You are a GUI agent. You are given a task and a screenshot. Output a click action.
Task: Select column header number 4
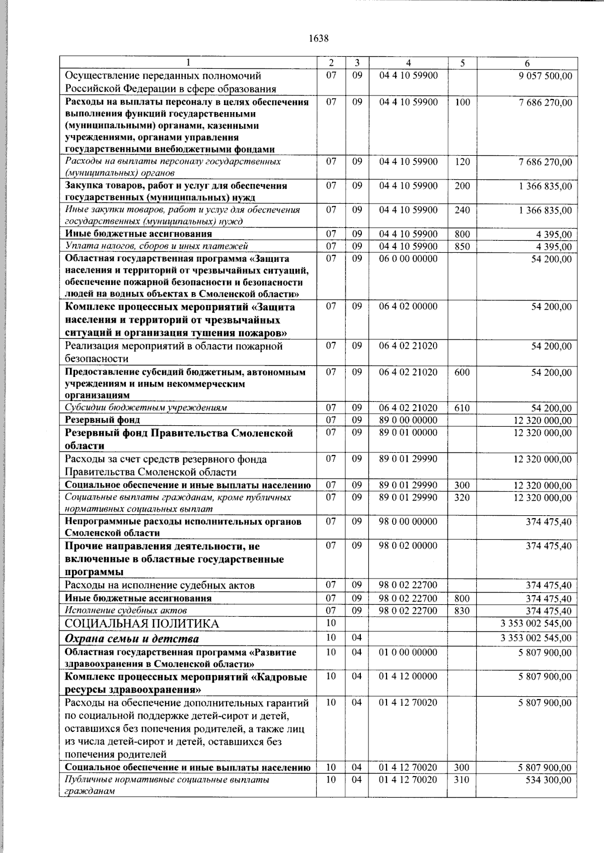tap(408, 63)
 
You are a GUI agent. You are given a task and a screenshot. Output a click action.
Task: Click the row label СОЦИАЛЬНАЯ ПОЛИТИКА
tap(142, 624)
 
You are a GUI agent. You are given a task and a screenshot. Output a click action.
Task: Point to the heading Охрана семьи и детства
tap(132, 639)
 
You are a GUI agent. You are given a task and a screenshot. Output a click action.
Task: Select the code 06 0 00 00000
tap(408, 259)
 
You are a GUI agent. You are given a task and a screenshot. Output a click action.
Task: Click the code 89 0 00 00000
tap(408, 420)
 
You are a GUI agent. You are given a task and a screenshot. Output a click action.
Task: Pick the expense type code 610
tap(462, 408)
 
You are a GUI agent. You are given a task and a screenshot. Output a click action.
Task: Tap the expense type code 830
tap(462, 611)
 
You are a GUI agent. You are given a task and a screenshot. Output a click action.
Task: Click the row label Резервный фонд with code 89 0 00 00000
tap(103, 420)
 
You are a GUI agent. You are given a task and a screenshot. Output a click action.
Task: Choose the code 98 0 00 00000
tap(408, 522)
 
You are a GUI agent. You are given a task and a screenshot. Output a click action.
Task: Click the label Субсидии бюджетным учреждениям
tap(146, 408)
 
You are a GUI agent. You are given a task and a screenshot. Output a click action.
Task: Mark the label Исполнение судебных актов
tap(126, 611)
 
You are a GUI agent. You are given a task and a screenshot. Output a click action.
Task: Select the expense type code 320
tap(462, 498)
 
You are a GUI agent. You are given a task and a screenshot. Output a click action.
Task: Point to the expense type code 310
tap(462, 780)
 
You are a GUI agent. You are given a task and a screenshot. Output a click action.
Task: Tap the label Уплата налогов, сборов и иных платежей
tap(157, 246)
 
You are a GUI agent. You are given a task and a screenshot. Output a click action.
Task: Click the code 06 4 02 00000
tap(408, 307)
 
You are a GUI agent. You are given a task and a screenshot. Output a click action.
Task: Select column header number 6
tap(526, 63)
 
